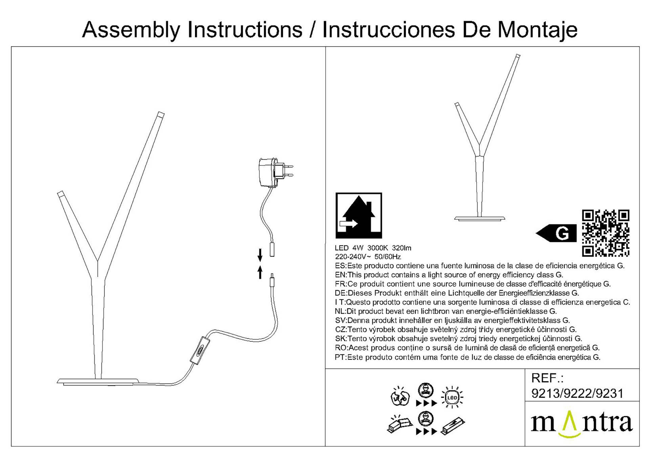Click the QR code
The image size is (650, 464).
[605, 233]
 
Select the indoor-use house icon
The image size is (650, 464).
[359, 216]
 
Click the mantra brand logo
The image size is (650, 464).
[581, 423]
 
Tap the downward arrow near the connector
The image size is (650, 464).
[260, 255]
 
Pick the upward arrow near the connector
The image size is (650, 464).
[260, 272]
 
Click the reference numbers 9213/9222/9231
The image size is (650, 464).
[577, 393]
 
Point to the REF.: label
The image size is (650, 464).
[547, 378]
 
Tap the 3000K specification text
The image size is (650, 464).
[377, 248]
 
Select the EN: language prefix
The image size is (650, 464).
[341, 275]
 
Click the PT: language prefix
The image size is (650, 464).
[341, 357]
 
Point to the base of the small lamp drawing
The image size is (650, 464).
[479, 218]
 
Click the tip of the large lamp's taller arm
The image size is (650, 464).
[160, 114]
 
